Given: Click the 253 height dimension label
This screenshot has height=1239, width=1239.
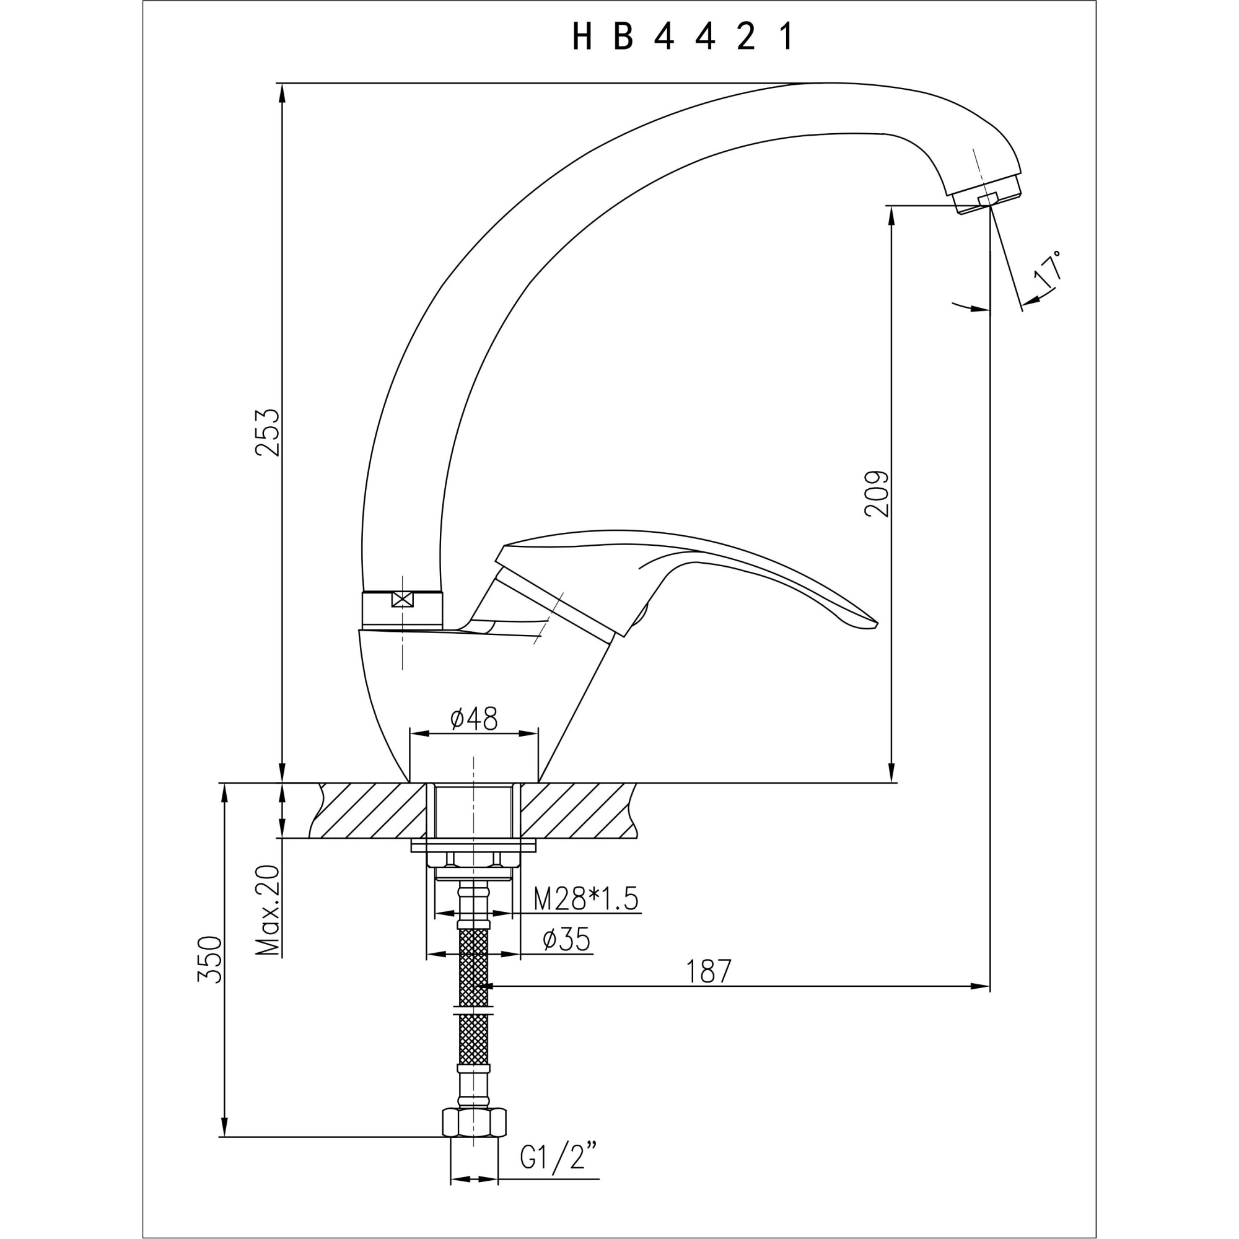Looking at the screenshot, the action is pos(268,432).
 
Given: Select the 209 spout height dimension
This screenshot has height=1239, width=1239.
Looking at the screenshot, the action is pos(877,494).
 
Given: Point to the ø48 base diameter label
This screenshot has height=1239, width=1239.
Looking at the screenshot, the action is pos(474,719).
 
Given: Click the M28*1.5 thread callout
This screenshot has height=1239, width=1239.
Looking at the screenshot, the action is pos(586,900).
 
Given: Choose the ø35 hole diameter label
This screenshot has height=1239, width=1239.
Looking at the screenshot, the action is pos(566,941).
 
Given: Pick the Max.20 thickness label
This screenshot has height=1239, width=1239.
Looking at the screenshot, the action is pos(268,910).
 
